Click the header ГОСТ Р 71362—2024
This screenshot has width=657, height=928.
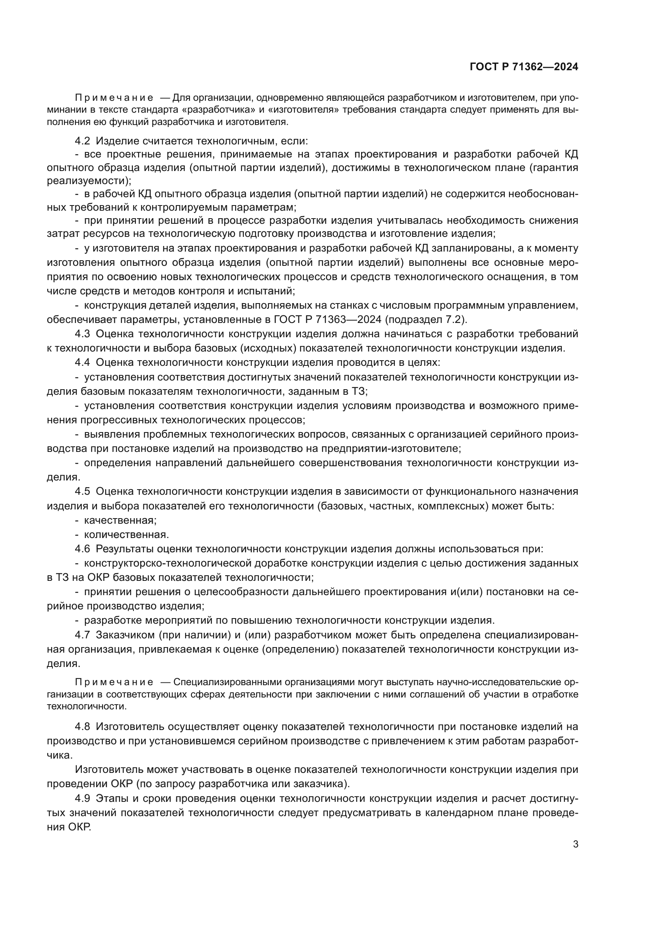pos(524,67)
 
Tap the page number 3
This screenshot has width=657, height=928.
pos(575,844)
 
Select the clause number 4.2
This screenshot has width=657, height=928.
pos(82,141)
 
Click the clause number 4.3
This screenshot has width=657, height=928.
pos(82,334)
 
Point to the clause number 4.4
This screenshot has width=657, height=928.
pos(82,362)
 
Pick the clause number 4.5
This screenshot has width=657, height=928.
pos(82,491)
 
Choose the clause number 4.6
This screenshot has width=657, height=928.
pos(82,548)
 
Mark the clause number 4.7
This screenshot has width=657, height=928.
pos(82,634)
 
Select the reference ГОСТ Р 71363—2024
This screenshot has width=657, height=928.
pos(327,319)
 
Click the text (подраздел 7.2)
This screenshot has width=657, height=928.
pos(425,319)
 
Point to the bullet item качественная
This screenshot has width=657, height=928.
pos(120,520)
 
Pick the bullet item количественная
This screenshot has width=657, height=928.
pos(126,534)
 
